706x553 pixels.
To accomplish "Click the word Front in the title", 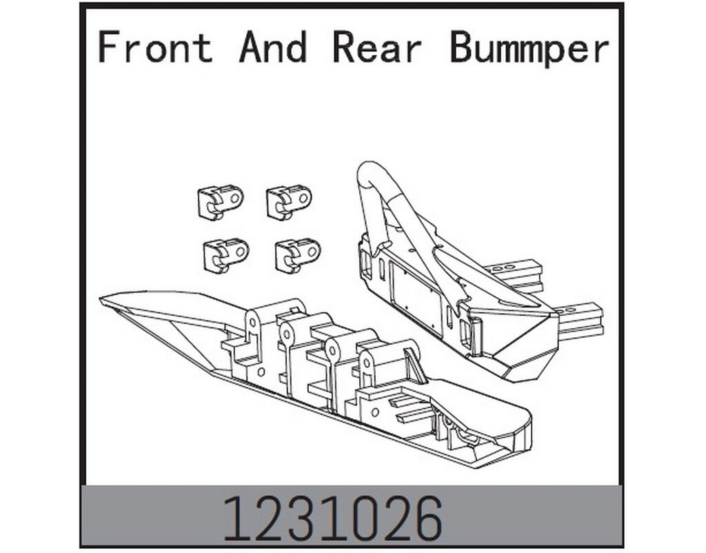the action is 155,47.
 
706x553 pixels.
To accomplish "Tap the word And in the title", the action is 273,47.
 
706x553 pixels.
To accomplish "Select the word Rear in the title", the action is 377,47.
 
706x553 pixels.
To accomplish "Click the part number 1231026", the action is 333,519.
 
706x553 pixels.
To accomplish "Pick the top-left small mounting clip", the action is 220,201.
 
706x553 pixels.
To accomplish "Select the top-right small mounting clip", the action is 289,201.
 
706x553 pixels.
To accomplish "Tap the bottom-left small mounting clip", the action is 226,255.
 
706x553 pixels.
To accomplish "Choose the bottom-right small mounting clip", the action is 298,255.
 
